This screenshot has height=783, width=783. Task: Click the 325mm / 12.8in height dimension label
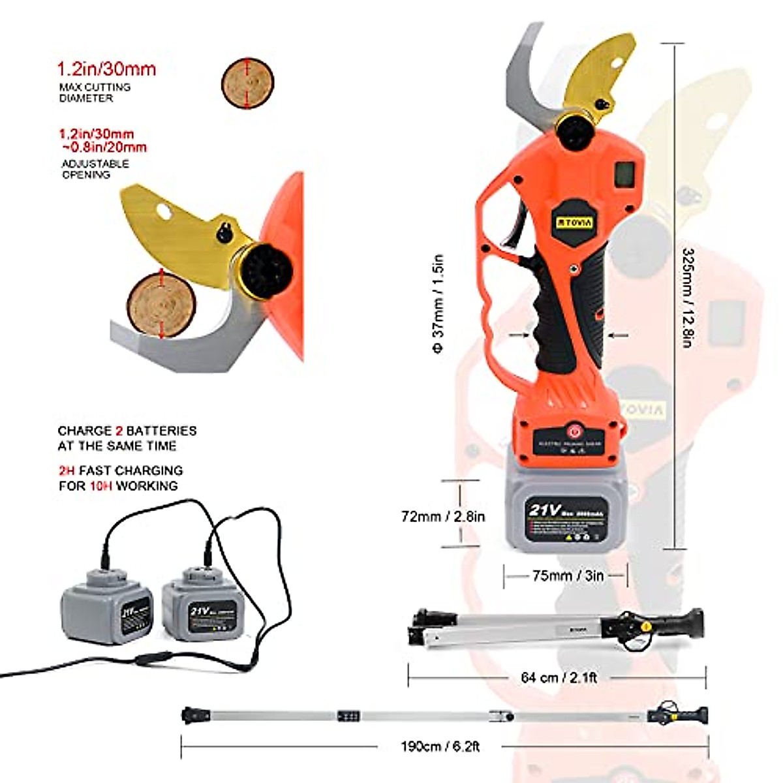687,298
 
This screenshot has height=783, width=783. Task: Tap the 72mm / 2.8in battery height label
443,516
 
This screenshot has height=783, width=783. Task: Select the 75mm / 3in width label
568,576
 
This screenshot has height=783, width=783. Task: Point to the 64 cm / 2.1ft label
559,677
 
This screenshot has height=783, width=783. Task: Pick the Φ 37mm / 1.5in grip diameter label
438,304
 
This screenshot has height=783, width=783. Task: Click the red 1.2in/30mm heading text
106,69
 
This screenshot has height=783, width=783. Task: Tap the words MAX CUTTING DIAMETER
95,92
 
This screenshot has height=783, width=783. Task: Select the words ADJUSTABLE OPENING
95,169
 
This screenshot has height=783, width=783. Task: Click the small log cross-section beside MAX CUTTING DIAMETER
247,83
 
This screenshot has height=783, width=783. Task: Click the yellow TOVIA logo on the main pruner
575,223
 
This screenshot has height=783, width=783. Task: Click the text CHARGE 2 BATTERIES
127,431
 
